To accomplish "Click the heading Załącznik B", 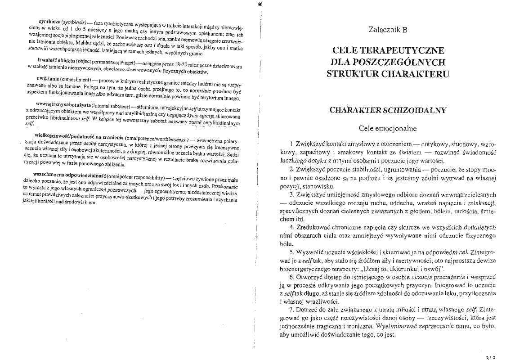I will point(387,31).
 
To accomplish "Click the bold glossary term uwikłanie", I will point(49,80).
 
